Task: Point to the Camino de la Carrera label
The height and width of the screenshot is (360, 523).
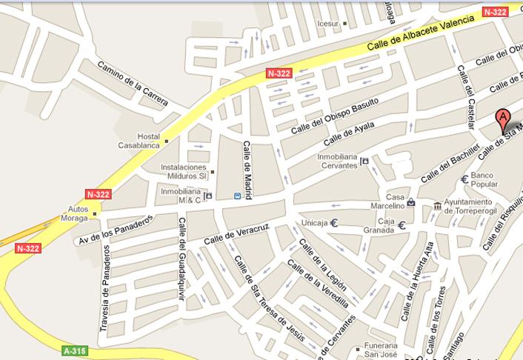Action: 133,84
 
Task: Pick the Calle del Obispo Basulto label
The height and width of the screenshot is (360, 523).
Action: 335,116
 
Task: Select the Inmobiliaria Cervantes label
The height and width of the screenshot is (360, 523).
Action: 338,161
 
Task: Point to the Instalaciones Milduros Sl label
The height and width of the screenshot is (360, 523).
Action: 184,172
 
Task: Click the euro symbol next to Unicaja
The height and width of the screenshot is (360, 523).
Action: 334,222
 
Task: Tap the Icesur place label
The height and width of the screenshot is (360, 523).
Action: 327,24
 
